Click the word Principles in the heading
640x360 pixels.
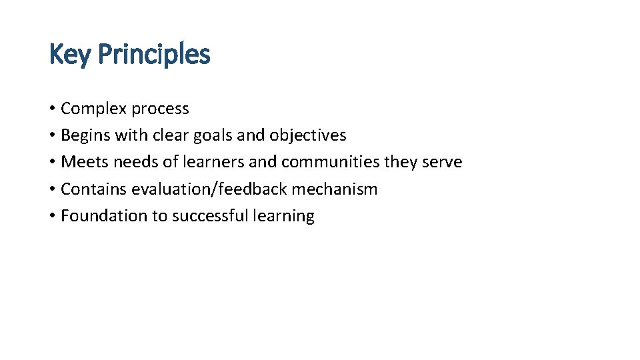point(154,55)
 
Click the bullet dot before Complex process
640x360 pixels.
point(52,109)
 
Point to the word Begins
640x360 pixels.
point(85,135)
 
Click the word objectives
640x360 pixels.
point(308,135)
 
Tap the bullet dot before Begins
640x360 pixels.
point(52,135)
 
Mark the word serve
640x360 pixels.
point(442,162)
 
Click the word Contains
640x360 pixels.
point(94,189)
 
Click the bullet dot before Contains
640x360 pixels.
point(52,189)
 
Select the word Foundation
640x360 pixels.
point(101,216)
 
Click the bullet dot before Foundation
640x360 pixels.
point(52,216)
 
